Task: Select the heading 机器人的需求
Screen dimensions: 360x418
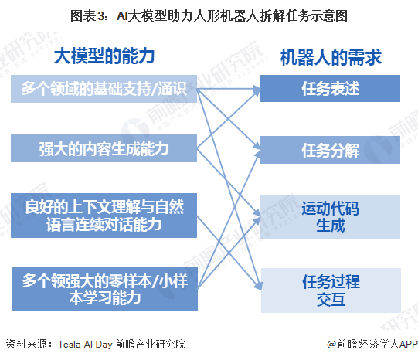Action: click(330, 57)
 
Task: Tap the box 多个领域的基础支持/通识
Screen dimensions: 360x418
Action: click(104, 90)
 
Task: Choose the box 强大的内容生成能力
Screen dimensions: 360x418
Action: click(104, 148)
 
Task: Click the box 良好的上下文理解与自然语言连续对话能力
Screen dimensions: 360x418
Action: click(104, 214)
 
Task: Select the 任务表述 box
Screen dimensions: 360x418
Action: click(330, 90)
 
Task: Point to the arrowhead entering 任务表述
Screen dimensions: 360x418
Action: click(257, 90)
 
